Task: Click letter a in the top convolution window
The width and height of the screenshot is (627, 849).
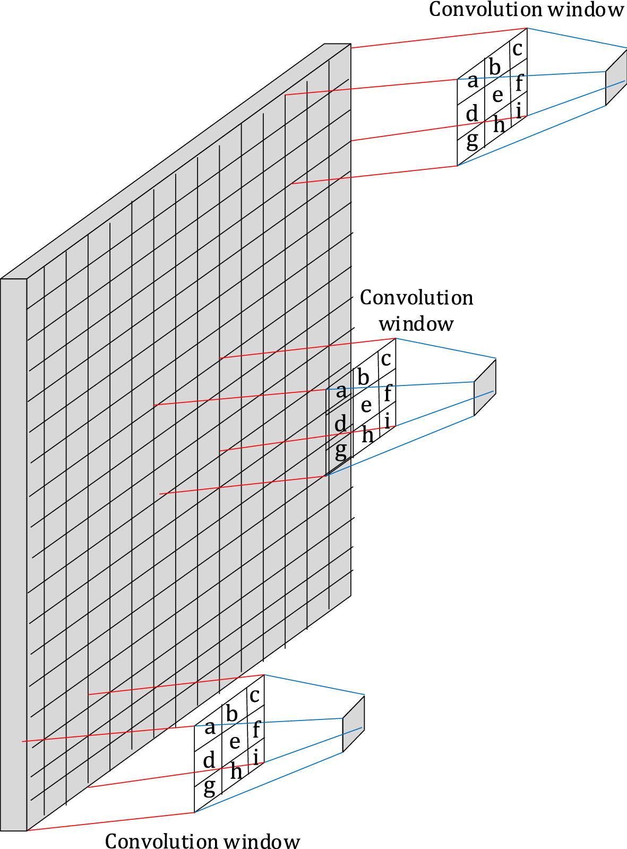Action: tap(473, 82)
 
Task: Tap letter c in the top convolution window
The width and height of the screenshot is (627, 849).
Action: tap(518, 49)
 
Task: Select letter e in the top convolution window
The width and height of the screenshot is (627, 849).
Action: tap(497, 96)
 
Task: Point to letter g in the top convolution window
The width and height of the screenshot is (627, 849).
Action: tap(472, 140)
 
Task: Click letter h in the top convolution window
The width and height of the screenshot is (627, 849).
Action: tap(499, 125)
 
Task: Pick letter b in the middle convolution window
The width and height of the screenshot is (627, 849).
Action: tap(363, 378)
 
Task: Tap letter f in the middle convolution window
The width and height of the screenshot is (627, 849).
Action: tap(388, 393)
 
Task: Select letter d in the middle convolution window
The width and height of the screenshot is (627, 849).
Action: tap(340, 424)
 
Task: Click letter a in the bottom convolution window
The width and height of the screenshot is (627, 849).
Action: tap(210, 727)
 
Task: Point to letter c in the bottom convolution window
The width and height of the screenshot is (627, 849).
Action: tap(255, 695)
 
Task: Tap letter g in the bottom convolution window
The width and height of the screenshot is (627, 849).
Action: tap(210, 786)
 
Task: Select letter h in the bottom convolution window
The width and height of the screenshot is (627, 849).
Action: tap(236, 771)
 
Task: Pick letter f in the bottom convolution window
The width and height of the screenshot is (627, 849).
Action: tap(256, 730)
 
